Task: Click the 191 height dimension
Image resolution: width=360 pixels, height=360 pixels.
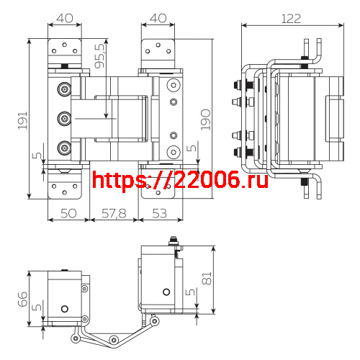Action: [22, 119]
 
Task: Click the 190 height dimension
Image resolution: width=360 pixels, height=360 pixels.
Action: [206, 118]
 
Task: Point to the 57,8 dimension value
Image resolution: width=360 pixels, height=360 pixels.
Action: [113, 213]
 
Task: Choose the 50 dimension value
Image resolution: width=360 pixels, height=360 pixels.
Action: [68, 213]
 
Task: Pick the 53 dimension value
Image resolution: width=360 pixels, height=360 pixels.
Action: [160, 213]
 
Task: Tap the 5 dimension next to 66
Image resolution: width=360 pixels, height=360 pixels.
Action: [35, 307]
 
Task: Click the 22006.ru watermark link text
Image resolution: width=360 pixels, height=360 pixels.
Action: [181, 179]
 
